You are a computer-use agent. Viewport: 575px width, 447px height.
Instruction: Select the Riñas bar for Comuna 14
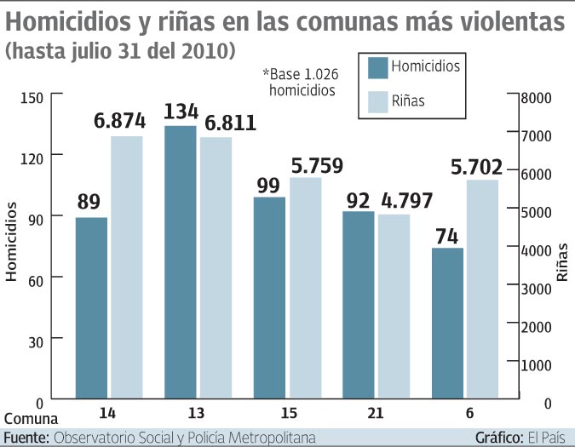126,267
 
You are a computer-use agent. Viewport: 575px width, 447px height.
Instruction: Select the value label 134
181,112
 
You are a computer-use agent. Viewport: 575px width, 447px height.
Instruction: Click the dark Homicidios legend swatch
379,66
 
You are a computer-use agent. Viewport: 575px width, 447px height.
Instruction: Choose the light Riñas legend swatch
379,101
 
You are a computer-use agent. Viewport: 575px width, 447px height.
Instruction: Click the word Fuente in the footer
25,437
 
